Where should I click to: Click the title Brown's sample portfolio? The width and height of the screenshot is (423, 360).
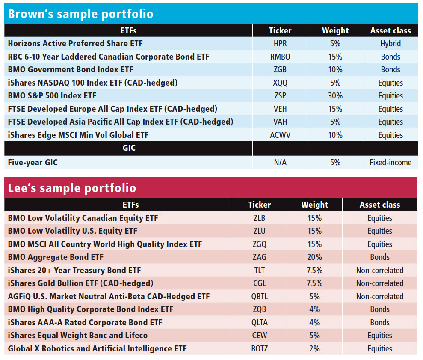click(80, 14)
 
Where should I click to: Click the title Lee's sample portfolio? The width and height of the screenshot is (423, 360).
click(72, 188)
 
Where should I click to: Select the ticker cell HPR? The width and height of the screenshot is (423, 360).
click(280, 44)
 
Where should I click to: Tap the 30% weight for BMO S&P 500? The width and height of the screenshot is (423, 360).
click(335, 96)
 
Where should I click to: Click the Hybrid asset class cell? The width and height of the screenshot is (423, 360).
click(390, 44)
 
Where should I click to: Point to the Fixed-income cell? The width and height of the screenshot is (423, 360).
click(390, 162)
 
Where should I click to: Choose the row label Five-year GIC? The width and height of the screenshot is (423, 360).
click(33, 162)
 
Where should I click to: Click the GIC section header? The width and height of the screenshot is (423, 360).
click(128, 149)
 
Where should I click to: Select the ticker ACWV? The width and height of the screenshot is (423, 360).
click(280, 135)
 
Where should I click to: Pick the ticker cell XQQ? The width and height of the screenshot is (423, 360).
click(280, 83)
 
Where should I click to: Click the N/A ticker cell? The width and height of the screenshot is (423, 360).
click(280, 162)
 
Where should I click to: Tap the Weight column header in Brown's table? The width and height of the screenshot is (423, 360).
click(335, 30)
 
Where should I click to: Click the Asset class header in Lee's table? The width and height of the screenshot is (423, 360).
click(379, 205)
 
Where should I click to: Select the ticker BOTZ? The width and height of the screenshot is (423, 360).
click(259, 348)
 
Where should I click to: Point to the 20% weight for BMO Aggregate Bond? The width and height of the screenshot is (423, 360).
click(314, 257)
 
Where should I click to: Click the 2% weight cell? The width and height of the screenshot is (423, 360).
click(314, 348)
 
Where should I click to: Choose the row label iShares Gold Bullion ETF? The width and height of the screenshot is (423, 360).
click(80, 283)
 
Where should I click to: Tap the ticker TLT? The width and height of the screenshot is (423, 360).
click(259, 270)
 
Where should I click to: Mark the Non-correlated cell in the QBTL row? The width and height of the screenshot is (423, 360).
click(379, 296)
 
